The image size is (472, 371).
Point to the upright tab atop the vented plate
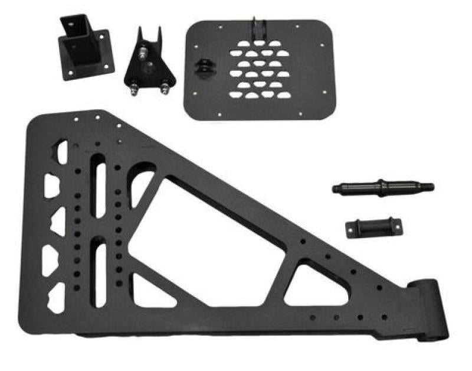point(258,30)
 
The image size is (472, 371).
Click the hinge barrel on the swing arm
point(429,310)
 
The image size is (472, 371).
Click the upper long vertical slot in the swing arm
point(99,189)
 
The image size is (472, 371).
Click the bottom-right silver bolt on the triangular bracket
point(164,89)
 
